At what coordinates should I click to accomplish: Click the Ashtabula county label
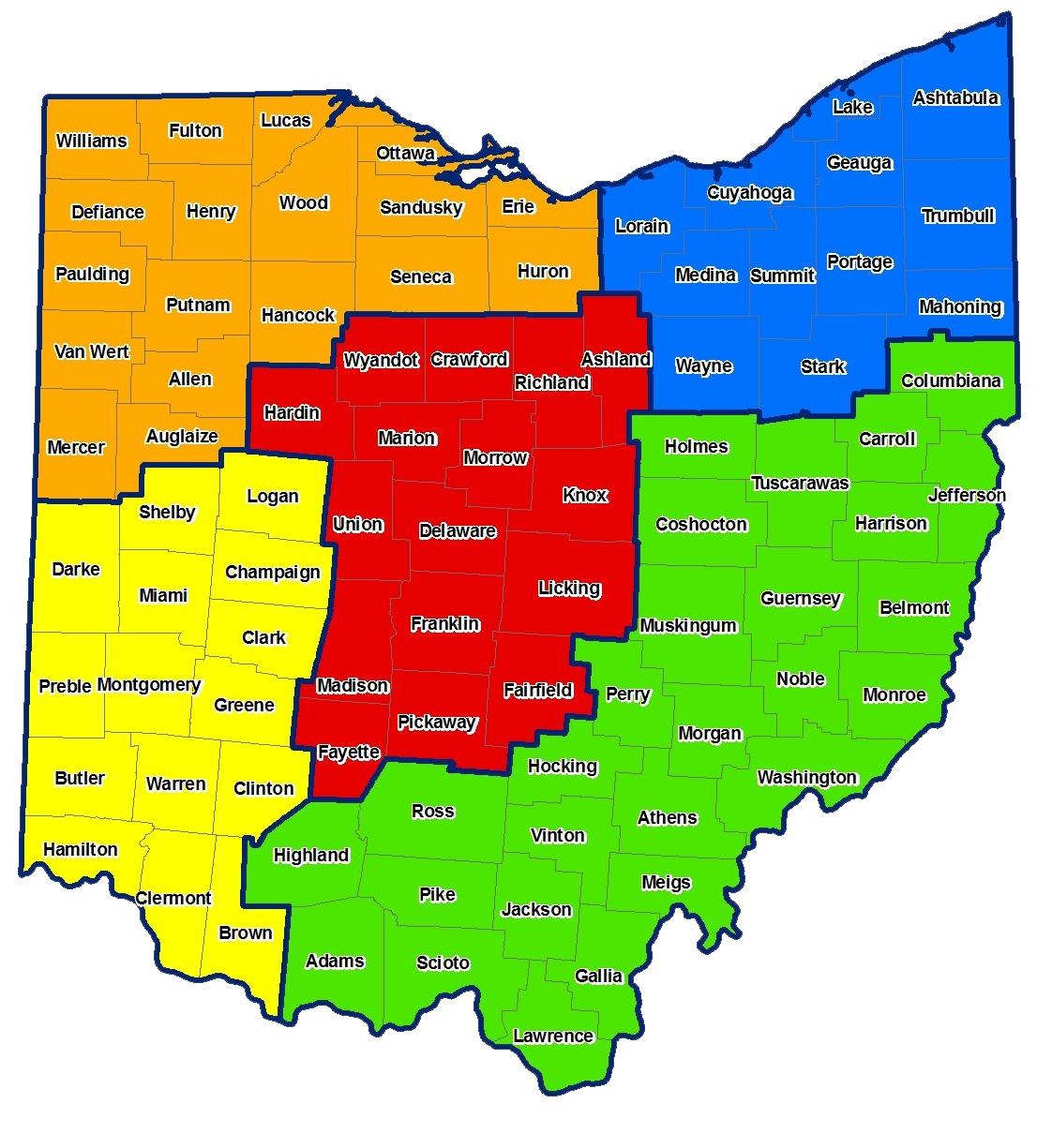(955, 97)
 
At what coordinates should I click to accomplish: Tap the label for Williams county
(91, 141)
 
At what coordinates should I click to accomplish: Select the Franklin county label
(445, 623)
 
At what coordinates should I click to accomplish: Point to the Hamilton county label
(81, 849)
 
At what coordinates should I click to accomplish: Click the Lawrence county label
(553, 1036)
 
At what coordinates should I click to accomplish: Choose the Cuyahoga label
(750, 193)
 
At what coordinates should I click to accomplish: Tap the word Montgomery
(148, 684)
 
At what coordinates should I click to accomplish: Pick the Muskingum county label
(688, 625)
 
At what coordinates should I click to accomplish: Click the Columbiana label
(951, 380)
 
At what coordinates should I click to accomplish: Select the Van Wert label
(92, 351)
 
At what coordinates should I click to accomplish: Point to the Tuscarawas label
(800, 483)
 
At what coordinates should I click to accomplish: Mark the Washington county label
(806, 777)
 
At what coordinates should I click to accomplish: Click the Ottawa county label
(405, 153)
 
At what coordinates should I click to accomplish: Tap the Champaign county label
(272, 572)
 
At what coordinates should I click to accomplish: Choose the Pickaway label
(437, 722)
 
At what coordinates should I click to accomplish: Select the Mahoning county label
(960, 306)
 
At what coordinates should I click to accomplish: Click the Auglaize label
(182, 436)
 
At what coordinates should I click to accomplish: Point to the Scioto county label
(443, 962)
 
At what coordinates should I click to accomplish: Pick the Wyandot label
(381, 360)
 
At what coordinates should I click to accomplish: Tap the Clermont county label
(173, 898)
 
